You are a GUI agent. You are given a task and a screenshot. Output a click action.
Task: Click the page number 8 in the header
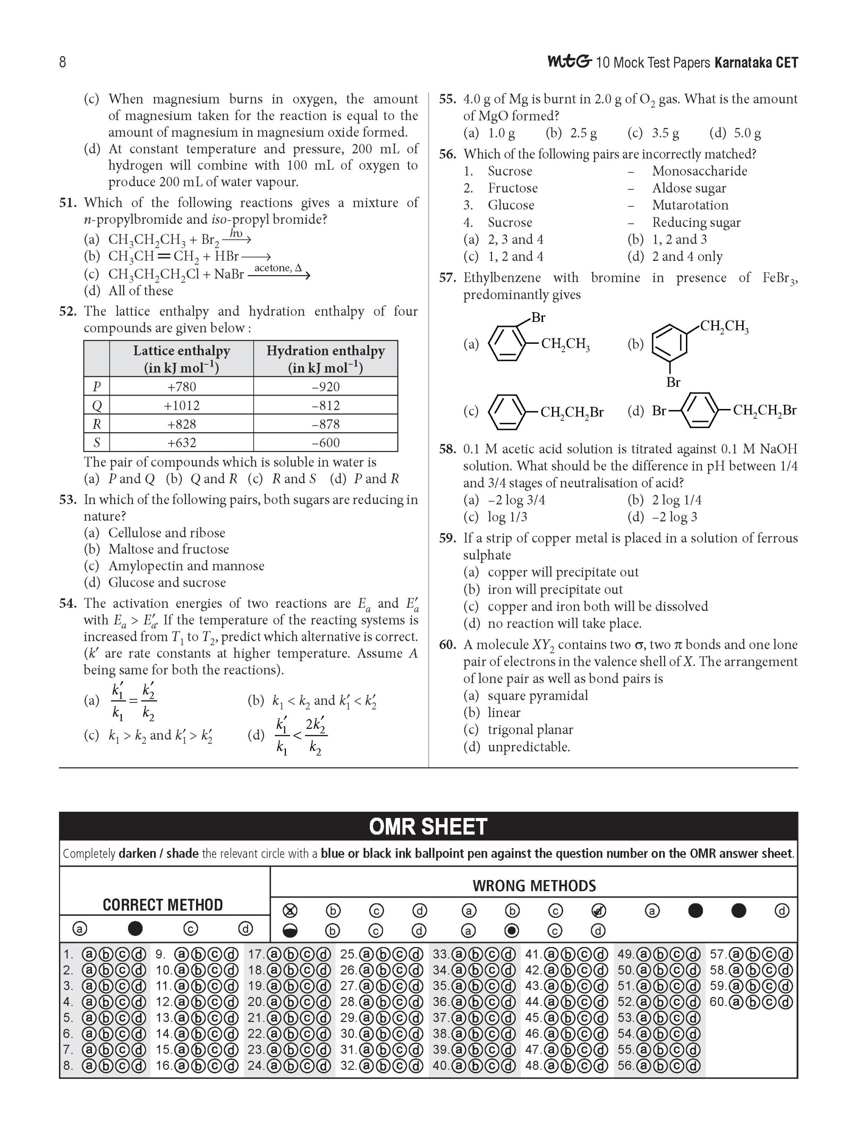pyautogui.click(x=63, y=63)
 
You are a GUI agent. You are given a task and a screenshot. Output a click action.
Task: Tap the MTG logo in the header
pyautogui.click(x=569, y=62)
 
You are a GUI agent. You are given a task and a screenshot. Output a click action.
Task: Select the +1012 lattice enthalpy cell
pyautogui.click(x=181, y=405)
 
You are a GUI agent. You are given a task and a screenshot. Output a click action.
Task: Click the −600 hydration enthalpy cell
pyautogui.click(x=326, y=443)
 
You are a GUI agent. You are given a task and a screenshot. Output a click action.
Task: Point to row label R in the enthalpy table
pyautogui.click(x=96, y=424)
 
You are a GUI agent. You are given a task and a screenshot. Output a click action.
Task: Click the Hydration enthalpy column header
pyautogui.click(x=326, y=359)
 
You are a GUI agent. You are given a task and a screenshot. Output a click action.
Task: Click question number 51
pyautogui.click(x=68, y=203)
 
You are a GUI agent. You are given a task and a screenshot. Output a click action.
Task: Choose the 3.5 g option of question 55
pyautogui.click(x=665, y=133)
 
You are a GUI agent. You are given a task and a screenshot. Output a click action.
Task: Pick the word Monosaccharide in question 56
pyautogui.click(x=699, y=171)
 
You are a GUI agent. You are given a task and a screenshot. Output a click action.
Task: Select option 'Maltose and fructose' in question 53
pyautogui.click(x=168, y=549)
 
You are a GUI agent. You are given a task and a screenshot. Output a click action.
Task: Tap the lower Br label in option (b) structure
pyautogui.click(x=673, y=382)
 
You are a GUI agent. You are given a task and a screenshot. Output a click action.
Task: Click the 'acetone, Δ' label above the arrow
pyautogui.click(x=278, y=267)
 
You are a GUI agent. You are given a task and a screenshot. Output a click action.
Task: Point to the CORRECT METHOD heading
pyautogui.click(x=163, y=905)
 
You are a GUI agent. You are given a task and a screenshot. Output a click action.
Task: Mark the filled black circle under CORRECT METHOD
pyautogui.click(x=135, y=929)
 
